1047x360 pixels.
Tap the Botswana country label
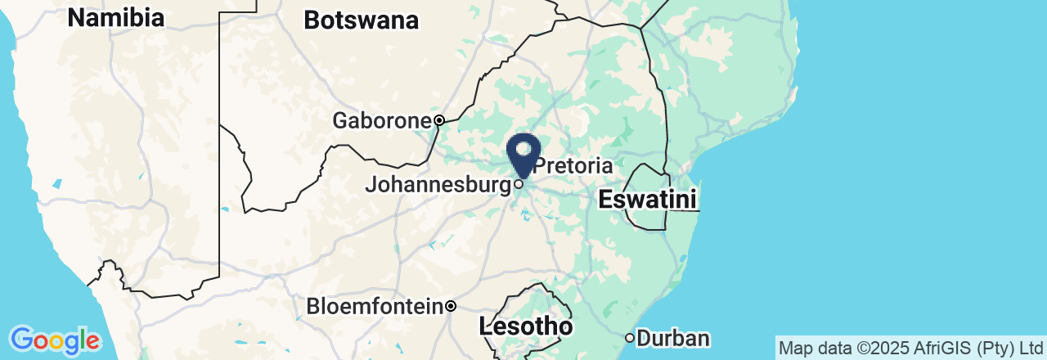tap(361, 20)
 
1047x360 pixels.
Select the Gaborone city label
tap(381, 121)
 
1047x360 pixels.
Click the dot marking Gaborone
tap(439, 120)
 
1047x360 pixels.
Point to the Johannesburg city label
tap(438, 185)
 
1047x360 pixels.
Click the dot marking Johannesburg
tap(519, 184)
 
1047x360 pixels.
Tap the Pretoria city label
tap(573, 166)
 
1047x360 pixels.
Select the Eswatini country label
tap(647, 199)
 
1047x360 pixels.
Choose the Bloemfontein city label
tap(375, 307)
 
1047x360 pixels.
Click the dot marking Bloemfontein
tap(451, 307)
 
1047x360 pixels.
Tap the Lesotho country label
tap(525, 327)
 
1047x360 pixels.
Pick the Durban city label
tap(673, 338)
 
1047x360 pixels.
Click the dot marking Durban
tap(630, 337)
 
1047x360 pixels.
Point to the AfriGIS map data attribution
tap(910, 348)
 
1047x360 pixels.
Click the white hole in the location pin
tap(523, 148)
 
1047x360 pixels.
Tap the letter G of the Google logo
tap(21, 339)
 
